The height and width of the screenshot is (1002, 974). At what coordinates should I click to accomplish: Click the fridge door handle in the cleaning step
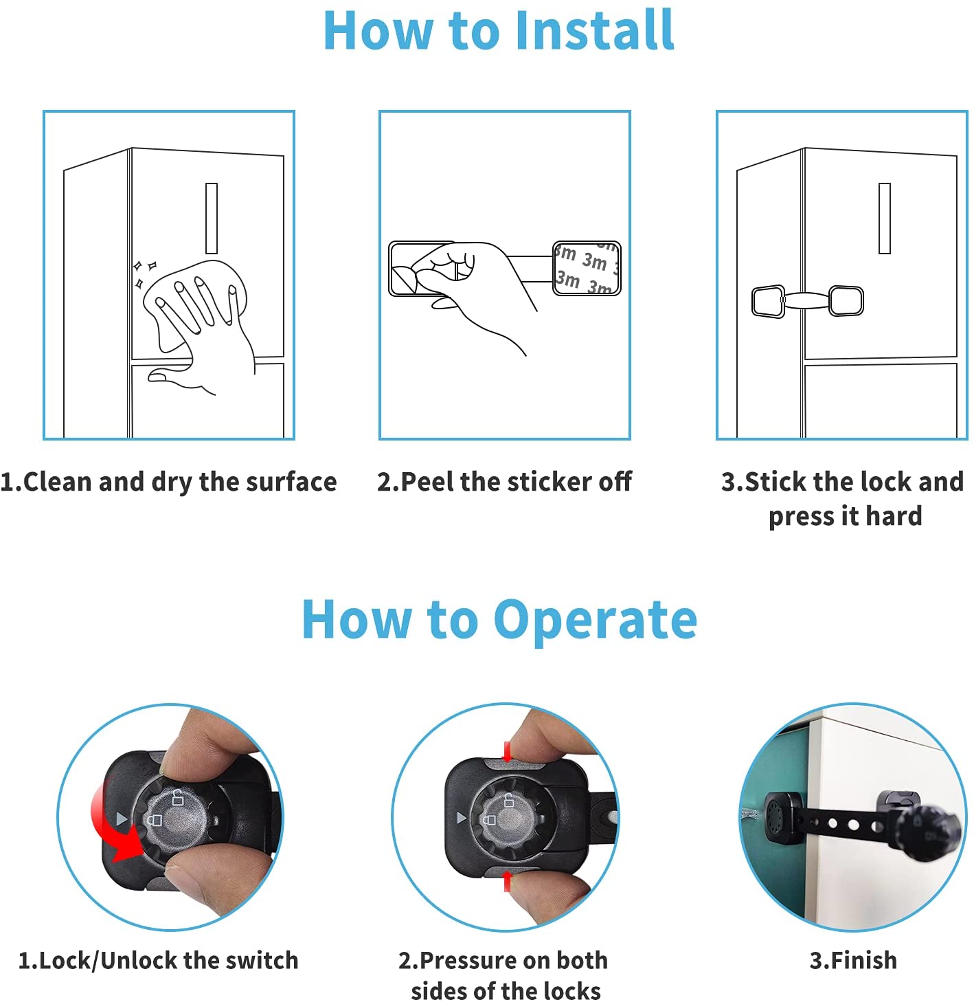pos(211,219)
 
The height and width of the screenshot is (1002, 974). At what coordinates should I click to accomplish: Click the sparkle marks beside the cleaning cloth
pos(144,274)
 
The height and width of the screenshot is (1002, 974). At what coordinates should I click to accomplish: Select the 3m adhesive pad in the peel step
pos(587,268)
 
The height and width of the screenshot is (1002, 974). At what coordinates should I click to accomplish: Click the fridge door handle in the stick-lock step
pos(884,219)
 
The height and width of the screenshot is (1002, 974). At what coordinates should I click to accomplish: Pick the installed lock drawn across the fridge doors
pos(807,301)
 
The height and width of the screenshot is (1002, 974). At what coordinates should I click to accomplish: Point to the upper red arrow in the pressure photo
pos(508,753)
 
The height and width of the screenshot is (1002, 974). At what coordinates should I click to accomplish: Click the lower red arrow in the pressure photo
pos(508,880)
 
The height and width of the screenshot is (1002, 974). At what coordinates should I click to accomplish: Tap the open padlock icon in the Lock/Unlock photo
pos(177,797)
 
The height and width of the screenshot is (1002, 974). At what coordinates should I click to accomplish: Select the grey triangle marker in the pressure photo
pos(462,817)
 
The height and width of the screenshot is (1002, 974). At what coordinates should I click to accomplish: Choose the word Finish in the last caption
pos(864,961)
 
